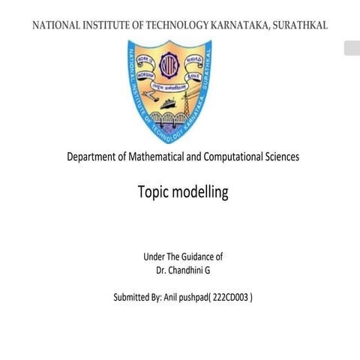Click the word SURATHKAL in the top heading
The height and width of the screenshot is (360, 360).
coord(298,25)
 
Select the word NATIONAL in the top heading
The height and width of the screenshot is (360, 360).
coord(57,25)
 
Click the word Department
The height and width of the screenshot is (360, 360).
coord(94,157)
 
